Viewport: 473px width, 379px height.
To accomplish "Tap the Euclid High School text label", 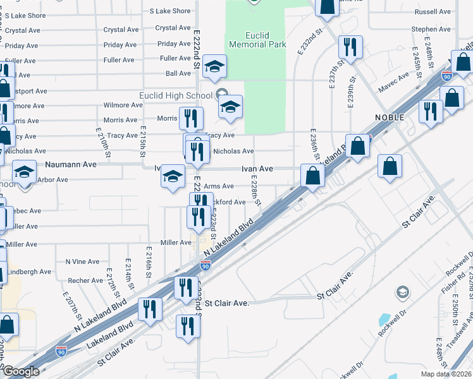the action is click(175, 95).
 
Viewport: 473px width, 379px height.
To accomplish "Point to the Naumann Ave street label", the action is click(71, 164).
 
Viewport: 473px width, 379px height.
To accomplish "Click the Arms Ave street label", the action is click(219, 186).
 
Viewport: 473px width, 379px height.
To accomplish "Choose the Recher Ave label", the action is click(85, 280).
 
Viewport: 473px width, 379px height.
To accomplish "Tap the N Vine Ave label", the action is click(82, 262).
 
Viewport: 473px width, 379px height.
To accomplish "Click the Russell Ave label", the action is click(433, 12).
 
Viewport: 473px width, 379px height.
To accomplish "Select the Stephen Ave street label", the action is click(431, 29).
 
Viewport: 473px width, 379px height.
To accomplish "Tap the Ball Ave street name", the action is click(178, 74).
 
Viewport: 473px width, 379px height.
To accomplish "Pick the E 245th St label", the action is click(416, 62).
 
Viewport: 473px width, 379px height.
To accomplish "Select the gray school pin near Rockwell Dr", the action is click(402, 292).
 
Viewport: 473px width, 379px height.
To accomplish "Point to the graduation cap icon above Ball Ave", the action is click(214, 66).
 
